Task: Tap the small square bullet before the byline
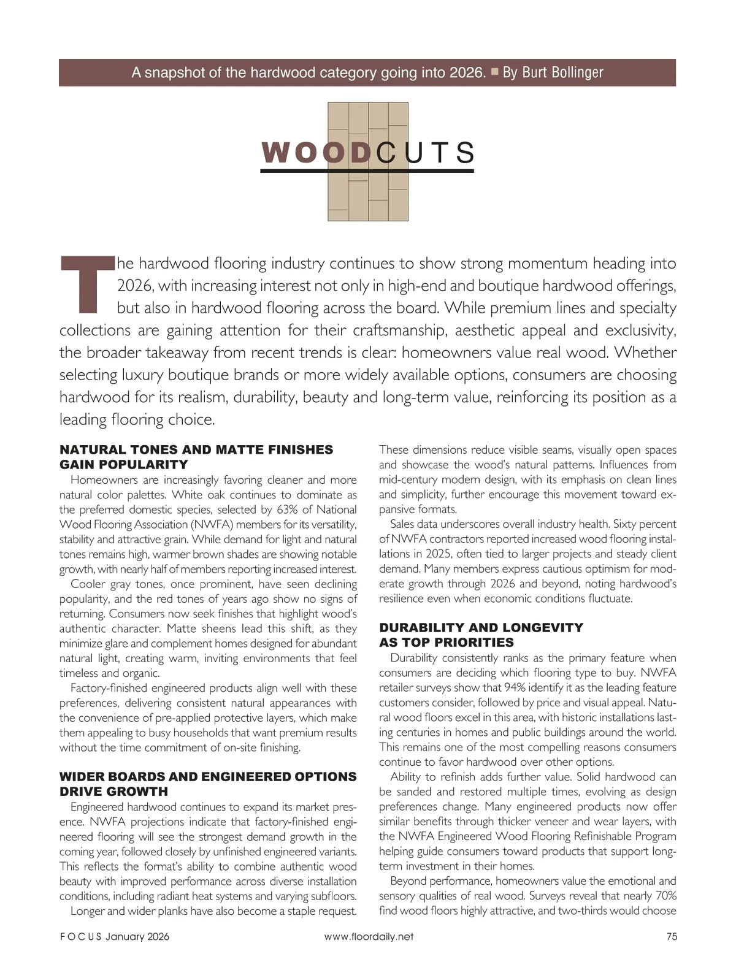tap(494, 72)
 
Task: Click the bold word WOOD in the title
tap(316, 153)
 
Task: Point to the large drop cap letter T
tap(87, 283)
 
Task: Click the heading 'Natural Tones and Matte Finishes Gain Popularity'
tap(196, 457)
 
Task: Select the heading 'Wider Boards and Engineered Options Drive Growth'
tap(207, 784)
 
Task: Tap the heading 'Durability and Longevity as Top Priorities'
tap(481, 635)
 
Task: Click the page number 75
tap(671, 936)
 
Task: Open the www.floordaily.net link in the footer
tap(369, 936)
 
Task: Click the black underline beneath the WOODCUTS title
tap(367, 171)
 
